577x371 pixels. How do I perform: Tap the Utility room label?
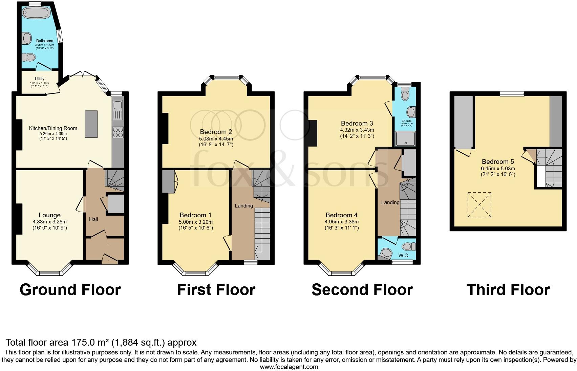40,79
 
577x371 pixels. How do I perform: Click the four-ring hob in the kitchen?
117,132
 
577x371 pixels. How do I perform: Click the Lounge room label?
49,215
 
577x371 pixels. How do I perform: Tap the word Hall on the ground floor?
93,219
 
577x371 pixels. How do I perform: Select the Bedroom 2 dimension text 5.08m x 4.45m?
216,138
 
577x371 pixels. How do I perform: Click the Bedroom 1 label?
195,215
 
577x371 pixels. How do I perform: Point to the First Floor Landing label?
244,206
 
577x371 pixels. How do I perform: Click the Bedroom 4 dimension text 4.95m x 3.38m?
341,222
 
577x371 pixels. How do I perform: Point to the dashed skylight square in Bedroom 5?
479,205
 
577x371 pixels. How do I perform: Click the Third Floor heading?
508,290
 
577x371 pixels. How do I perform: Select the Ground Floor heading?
70,290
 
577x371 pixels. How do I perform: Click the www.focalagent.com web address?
289,367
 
